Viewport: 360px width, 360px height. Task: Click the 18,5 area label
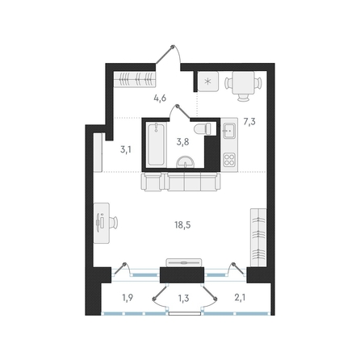[x=182, y=224]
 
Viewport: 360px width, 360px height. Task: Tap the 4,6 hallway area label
[x=160, y=98]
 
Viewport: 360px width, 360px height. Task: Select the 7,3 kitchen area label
[x=249, y=122]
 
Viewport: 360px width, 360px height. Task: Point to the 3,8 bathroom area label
[x=182, y=142]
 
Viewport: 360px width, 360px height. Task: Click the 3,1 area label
[x=126, y=149]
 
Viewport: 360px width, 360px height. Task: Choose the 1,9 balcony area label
[x=128, y=298]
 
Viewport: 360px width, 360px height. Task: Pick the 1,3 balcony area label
[x=183, y=298]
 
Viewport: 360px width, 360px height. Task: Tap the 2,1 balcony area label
[x=240, y=298]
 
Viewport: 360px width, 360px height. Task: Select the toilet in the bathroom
[x=203, y=128]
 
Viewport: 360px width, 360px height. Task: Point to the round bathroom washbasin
[x=185, y=162]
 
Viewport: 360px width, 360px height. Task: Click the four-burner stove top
[x=230, y=159]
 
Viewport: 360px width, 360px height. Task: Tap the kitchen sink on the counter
[x=229, y=130]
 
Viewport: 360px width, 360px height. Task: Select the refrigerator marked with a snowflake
[x=208, y=82]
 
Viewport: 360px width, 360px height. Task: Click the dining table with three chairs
[x=243, y=86]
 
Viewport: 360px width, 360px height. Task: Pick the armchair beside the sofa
[x=153, y=182]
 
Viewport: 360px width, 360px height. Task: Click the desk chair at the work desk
[x=113, y=223]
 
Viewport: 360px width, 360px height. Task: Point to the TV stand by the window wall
[x=184, y=262]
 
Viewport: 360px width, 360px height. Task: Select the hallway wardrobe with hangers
[x=135, y=79]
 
